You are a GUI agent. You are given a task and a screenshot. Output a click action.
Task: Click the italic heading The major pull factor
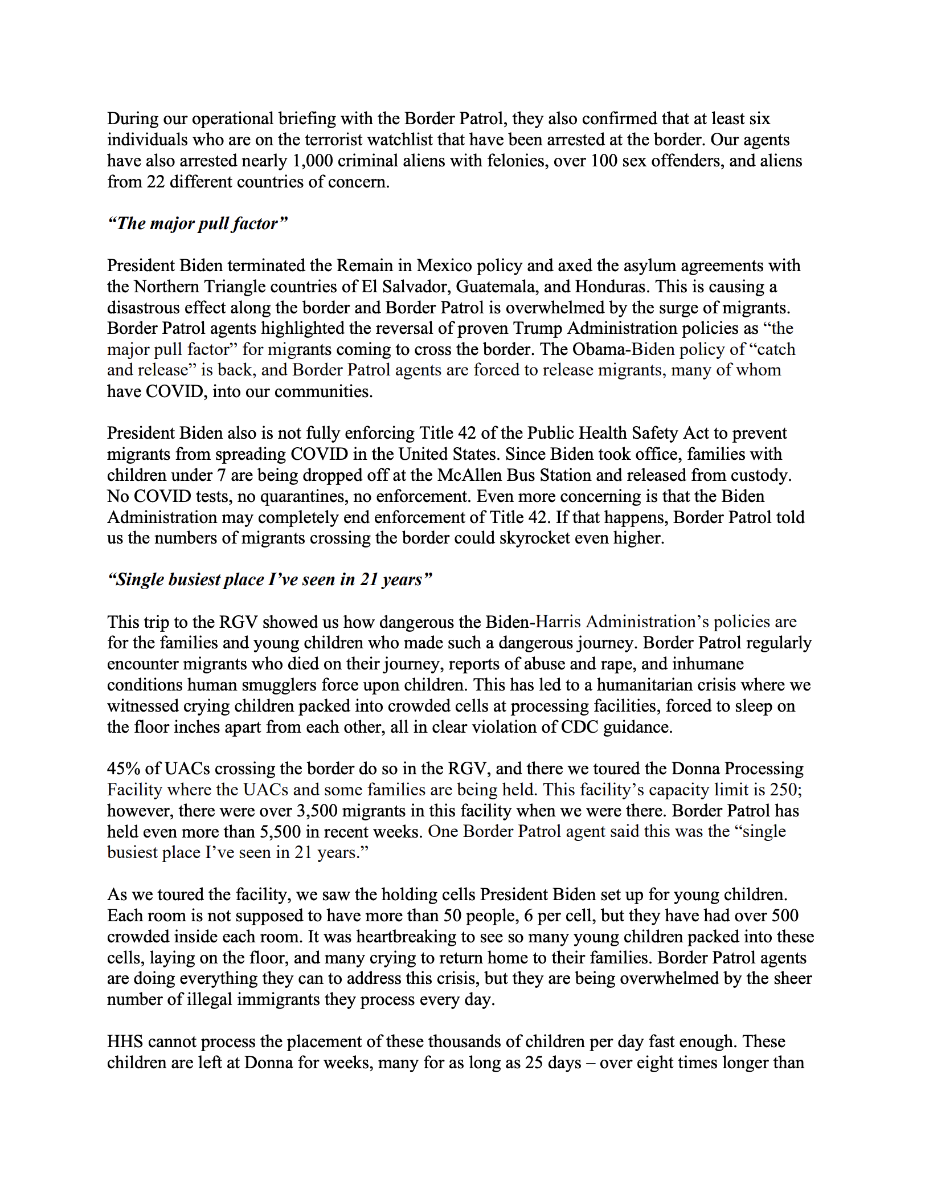coord(197,223)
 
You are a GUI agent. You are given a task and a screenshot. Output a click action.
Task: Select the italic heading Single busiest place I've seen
coord(269,579)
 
